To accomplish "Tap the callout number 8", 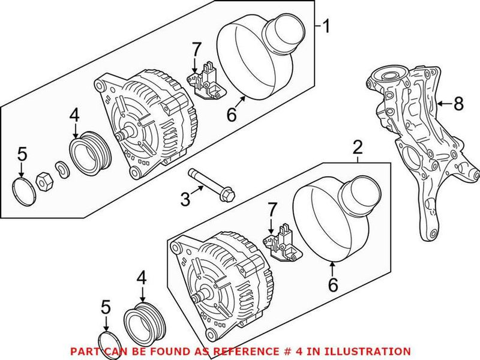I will (x=458, y=104).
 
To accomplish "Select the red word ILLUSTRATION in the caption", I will (x=369, y=351).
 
